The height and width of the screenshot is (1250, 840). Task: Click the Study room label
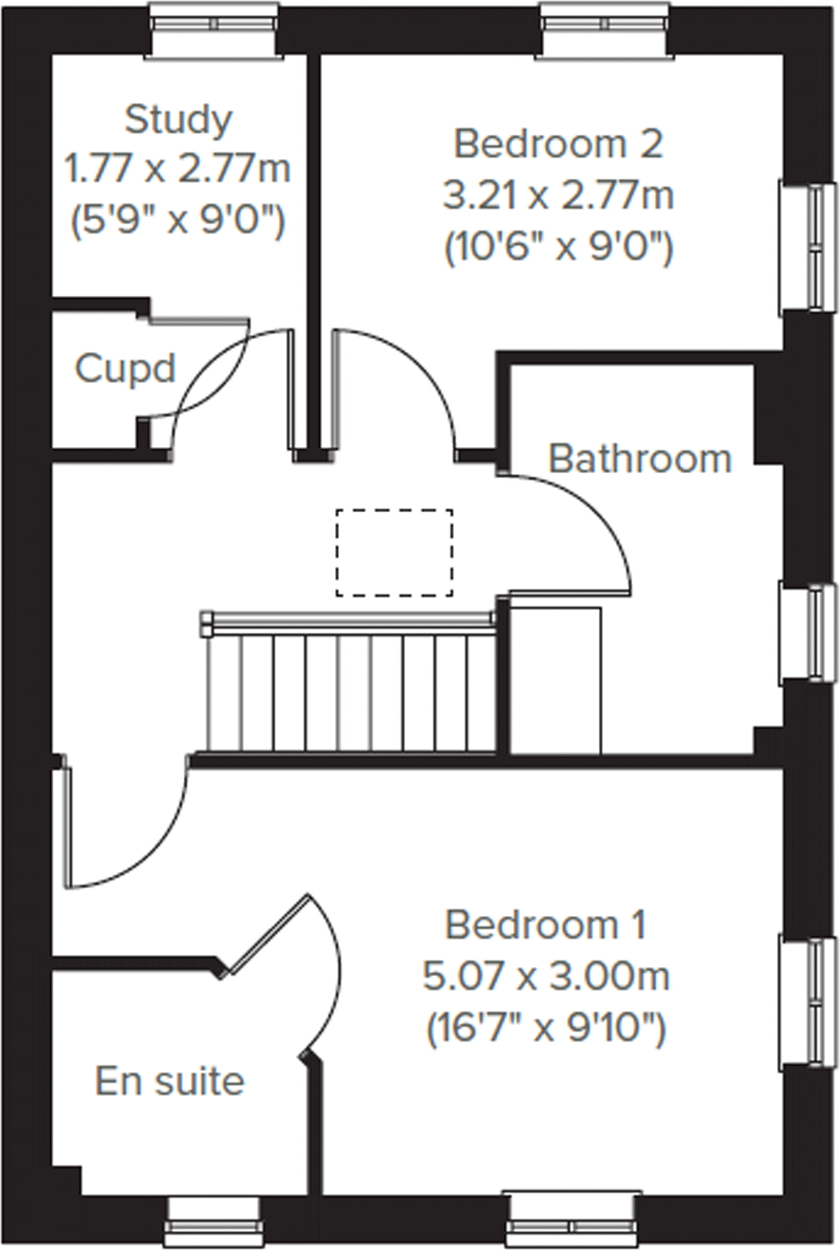coord(178,120)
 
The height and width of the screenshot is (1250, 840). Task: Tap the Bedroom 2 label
coord(558,145)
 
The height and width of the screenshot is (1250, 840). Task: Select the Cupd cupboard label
coord(125,368)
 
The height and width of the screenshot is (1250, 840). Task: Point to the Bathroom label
coord(640,458)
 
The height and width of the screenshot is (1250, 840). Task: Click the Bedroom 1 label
coord(546,925)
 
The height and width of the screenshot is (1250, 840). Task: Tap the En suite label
coord(169,1082)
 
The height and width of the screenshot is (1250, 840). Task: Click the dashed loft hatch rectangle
coord(394,553)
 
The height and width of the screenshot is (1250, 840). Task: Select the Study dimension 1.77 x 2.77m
coord(177,169)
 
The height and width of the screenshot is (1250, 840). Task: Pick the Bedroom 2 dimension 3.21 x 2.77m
coord(558,196)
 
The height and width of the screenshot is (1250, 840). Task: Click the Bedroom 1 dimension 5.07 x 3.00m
coord(546,977)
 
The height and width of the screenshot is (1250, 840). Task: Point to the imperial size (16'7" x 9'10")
coord(546,1027)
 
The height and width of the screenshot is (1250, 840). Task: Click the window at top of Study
coord(214,25)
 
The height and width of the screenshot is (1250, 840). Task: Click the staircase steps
coord(353,692)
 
